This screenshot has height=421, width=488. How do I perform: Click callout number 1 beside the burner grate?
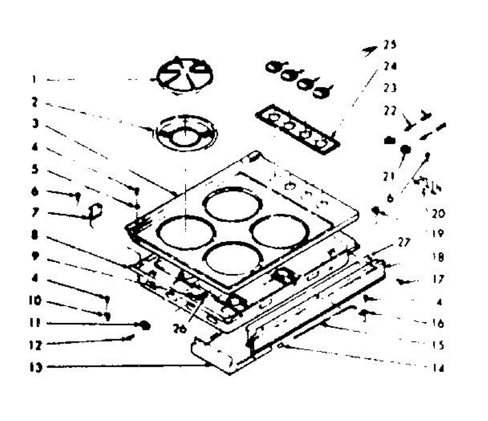pyautogui.click(x=34, y=79)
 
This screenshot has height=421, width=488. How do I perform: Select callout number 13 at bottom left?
pyautogui.click(x=37, y=369)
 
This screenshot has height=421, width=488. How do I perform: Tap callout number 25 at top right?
pyautogui.click(x=389, y=44)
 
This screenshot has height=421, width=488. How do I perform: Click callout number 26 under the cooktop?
pyautogui.click(x=180, y=328)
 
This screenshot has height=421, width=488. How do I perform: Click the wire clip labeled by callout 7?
pyautogui.click(x=96, y=213)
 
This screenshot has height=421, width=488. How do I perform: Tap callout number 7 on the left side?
pyautogui.click(x=36, y=213)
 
